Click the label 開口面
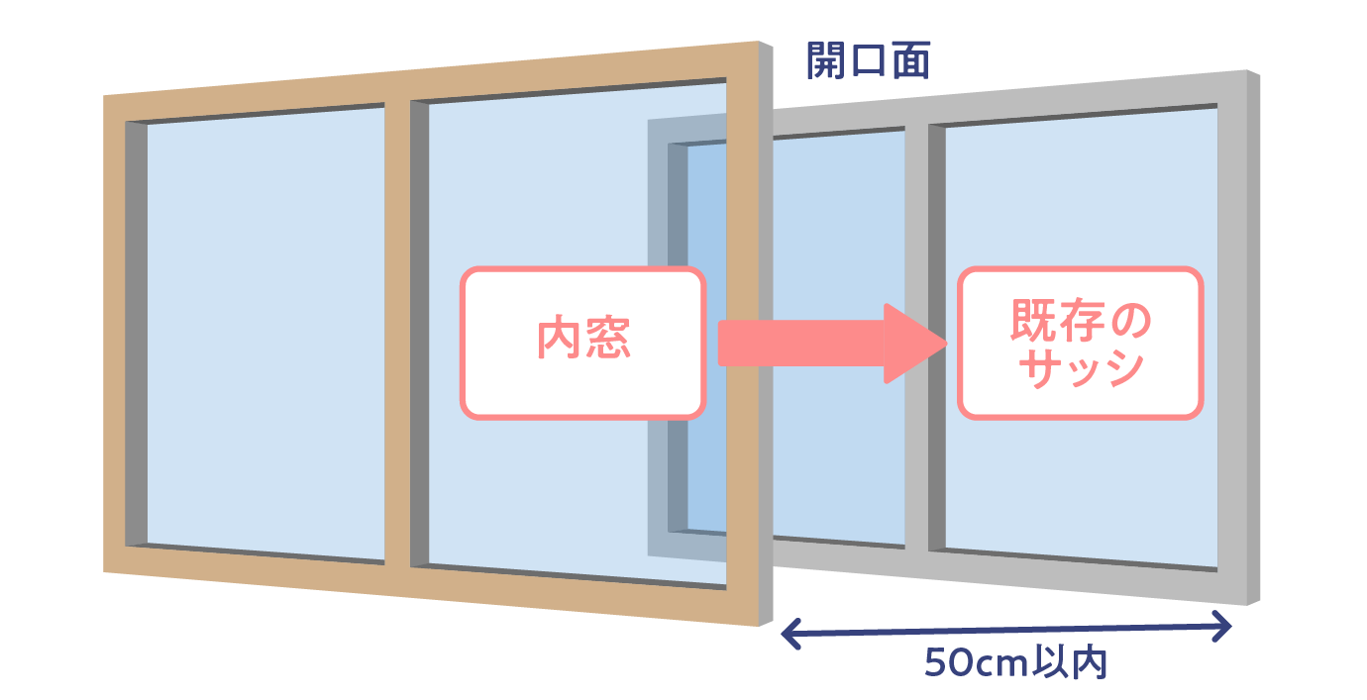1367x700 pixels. [868, 62]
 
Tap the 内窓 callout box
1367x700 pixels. [582, 342]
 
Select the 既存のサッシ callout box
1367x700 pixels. [1079, 343]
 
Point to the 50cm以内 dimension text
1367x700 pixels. [1015, 662]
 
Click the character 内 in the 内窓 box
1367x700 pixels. [556, 342]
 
